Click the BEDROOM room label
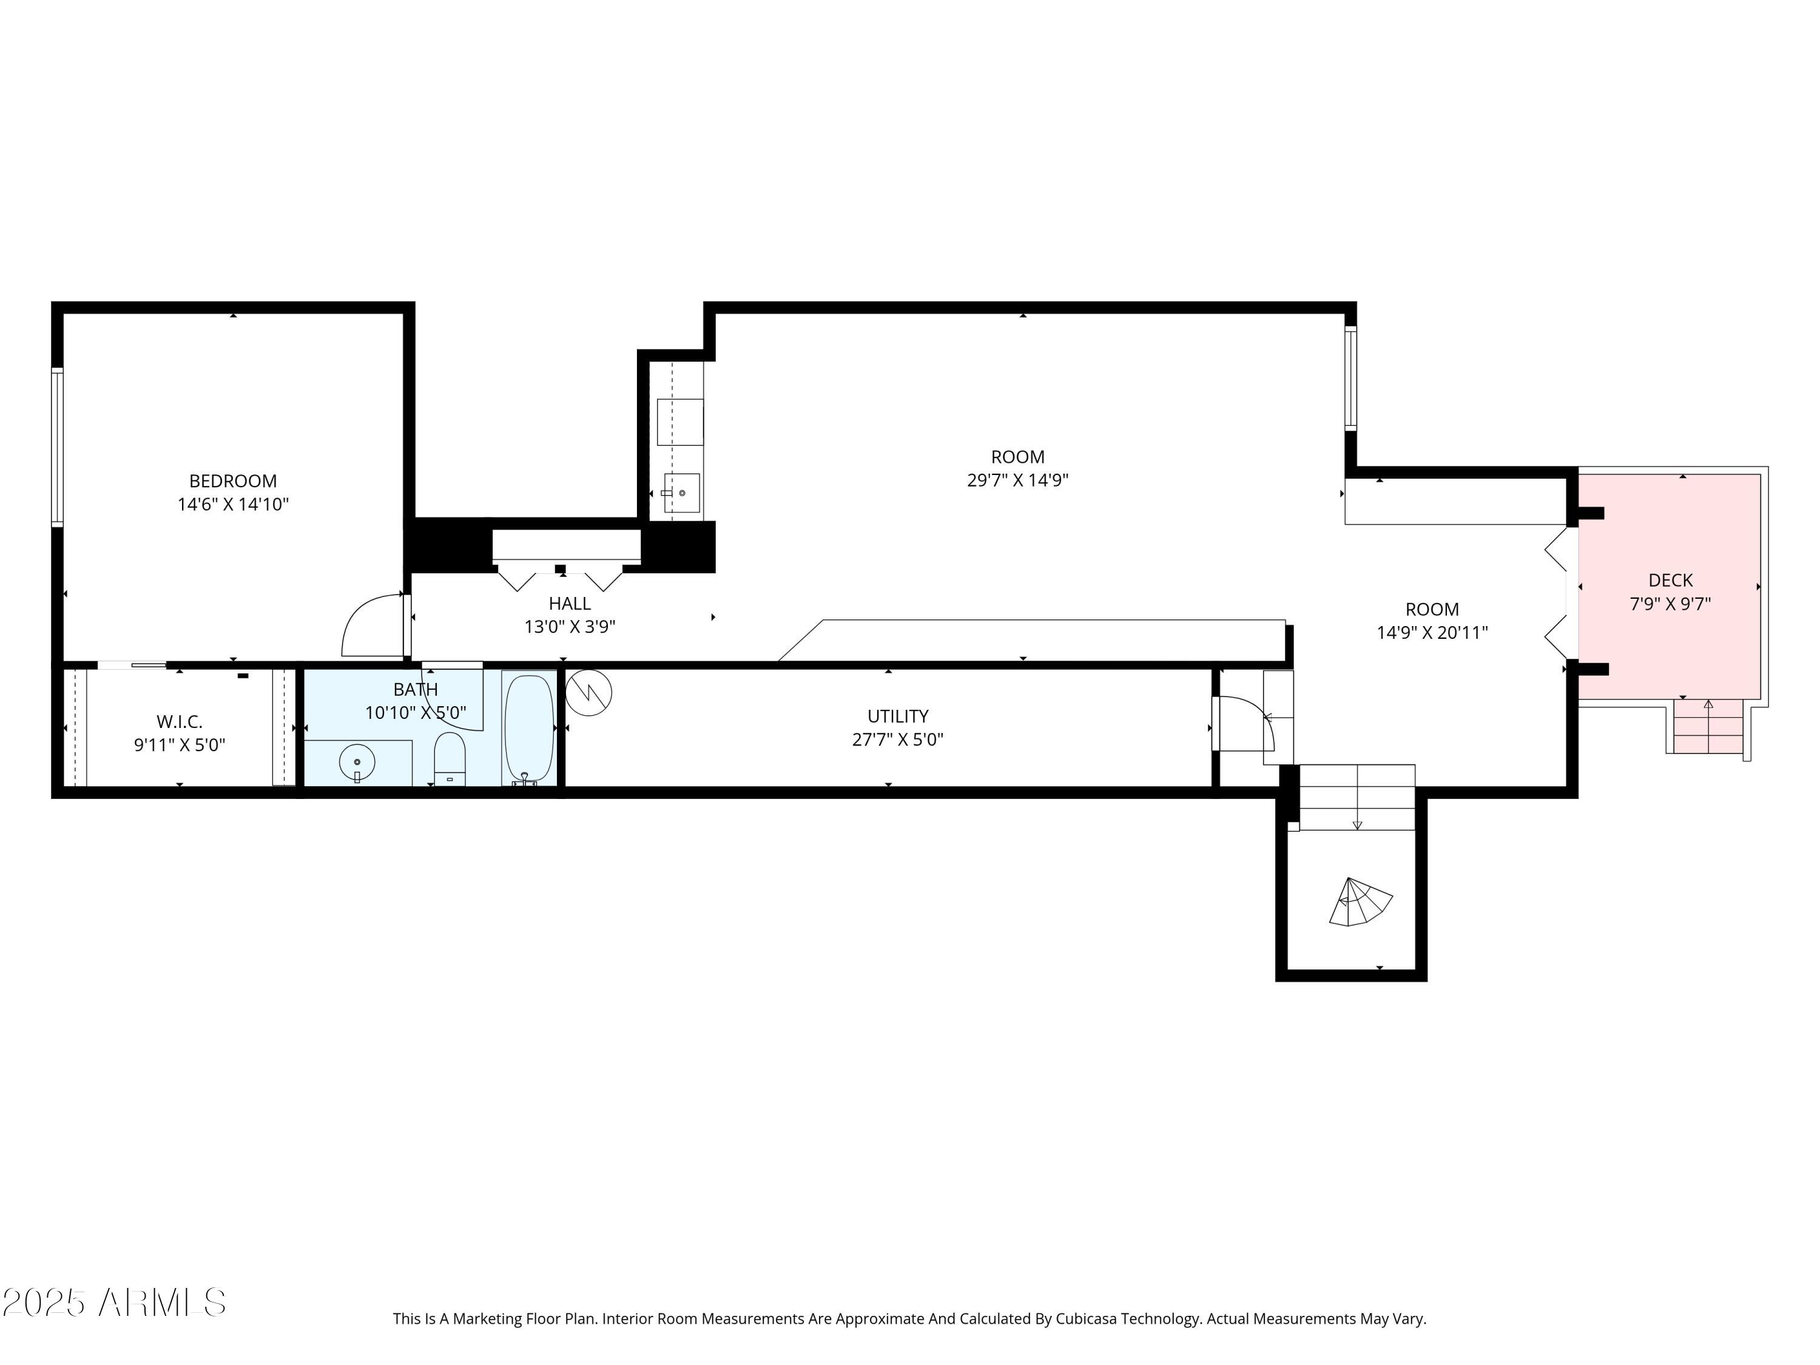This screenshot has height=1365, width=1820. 233,481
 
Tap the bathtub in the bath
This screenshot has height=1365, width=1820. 528,728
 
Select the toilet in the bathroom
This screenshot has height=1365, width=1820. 450,758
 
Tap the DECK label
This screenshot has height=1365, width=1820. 1670,580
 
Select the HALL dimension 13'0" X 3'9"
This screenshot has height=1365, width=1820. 570,627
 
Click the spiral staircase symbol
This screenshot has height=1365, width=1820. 1358,903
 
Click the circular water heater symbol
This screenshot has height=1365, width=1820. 589,693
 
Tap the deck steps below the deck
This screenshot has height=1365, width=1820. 1708,727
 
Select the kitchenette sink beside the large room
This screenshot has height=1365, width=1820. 681,493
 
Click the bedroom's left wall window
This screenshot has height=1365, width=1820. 57,447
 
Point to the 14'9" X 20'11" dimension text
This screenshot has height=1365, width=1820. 1432,633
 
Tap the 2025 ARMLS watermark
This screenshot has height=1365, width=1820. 115,1303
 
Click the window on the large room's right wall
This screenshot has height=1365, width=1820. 1350,379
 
